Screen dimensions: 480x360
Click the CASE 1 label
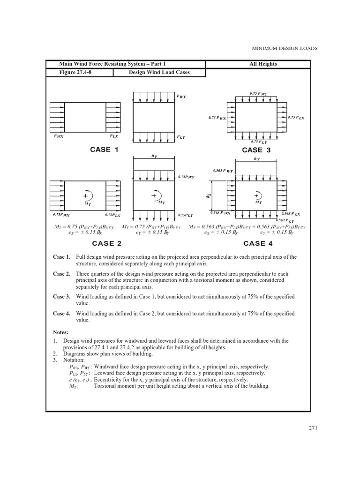104,150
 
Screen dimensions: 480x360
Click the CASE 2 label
107,243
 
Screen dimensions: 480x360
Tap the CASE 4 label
258,243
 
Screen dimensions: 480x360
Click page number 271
314,427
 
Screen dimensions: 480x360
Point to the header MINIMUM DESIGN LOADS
285,48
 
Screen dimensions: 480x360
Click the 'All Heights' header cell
264,64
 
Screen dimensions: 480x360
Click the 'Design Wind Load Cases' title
159,72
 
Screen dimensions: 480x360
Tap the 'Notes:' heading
61,332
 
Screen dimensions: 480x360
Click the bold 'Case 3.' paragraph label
61,297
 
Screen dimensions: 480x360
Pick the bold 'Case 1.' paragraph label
61,257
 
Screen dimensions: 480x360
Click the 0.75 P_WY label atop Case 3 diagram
258,94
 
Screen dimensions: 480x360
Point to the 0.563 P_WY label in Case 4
223,171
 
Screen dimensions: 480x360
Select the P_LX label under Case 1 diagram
114,136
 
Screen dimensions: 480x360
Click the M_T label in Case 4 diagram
258,202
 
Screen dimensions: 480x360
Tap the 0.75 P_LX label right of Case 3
296,118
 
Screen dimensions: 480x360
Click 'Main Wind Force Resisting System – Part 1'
112,64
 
